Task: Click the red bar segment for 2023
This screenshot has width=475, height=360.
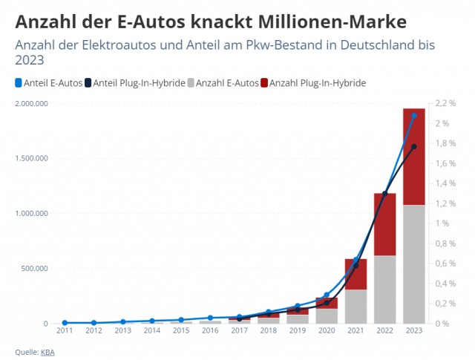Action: (414, 157)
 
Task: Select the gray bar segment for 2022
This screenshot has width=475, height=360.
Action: (384, 289)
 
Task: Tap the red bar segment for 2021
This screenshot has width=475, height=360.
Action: (356, 274)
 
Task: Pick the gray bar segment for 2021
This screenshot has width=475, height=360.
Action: (356, 307)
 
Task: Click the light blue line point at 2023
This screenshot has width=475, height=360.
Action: (414, 116)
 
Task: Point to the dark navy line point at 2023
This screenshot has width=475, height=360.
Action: (414, 147)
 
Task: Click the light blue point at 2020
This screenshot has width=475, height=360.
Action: (327, 295)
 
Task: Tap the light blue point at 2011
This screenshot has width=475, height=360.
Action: (65, 323)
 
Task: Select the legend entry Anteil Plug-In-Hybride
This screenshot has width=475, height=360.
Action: (135, 83)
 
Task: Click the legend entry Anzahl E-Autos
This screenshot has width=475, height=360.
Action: (223, 83)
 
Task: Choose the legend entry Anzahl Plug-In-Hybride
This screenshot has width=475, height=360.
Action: (313, 83)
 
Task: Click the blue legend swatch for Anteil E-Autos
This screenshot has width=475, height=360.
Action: (19, 83)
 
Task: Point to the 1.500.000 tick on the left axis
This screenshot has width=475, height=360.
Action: (31, 158)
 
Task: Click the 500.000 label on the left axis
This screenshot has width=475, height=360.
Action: (34, 269)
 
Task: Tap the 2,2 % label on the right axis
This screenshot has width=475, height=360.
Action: (445, 103)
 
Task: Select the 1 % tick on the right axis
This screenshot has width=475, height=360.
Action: (442, 223)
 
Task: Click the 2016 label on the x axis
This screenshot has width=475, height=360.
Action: (210, 330)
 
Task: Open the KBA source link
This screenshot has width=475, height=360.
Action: (47, 353)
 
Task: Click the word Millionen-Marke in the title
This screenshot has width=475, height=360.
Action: (332, 22)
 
